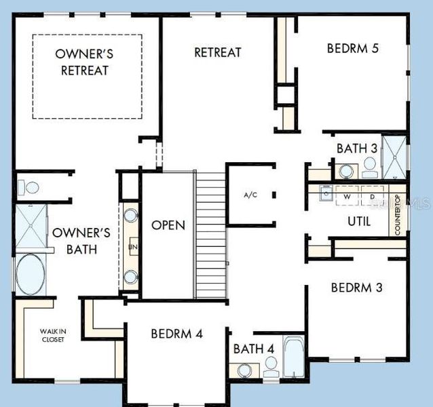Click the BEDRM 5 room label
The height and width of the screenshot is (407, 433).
coord(352,48)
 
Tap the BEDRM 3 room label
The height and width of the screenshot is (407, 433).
coord(356,287)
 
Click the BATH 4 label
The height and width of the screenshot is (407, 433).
coord(254,349)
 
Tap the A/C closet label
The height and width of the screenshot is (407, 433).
coord(250,195)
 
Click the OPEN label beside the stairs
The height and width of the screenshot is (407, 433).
coord(168,225)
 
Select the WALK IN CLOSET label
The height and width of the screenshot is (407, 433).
coord(53,335)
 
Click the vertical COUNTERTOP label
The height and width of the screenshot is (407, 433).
coord(398,215)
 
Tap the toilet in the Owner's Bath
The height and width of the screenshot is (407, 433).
coord(29,186)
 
